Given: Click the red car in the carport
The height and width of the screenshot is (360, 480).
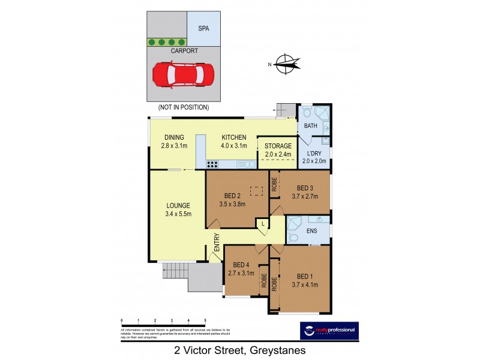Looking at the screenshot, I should (x=183, y=74).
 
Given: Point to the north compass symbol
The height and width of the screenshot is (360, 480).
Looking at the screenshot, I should (x=287, y=64).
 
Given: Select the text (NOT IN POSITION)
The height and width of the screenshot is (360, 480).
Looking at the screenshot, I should (x=183, y=107).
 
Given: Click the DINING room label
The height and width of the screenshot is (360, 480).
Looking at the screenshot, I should (x=173, y=137).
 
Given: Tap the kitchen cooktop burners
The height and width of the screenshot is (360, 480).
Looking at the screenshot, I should (x=212, y=163).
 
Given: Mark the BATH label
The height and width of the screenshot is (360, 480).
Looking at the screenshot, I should (x=310, y=126).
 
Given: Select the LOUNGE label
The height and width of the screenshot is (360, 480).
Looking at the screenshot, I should (x=173, y=206).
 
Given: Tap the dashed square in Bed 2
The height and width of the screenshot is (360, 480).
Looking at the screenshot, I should (x=256, y=191).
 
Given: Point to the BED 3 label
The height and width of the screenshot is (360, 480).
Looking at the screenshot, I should (x=305, y=187).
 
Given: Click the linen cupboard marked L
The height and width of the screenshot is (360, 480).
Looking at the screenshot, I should (x=262, y=224).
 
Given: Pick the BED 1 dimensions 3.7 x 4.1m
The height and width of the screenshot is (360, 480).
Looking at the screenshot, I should (x=305, y=285).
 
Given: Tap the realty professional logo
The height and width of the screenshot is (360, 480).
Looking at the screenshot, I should (x=328, y=330).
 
